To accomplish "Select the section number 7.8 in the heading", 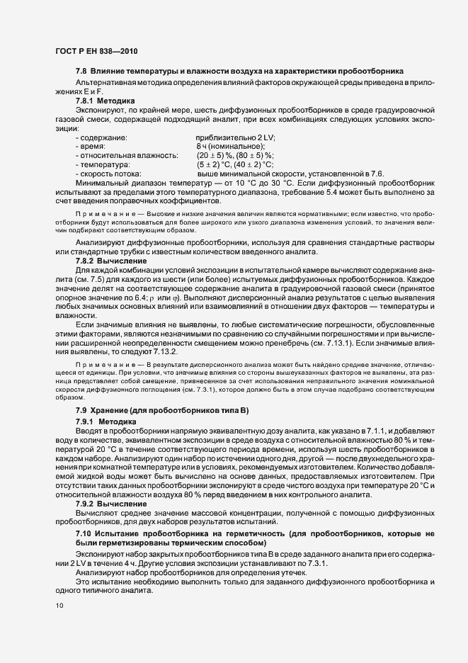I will pos(81,72).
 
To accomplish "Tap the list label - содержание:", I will pos(101,137).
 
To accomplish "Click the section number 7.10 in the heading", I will pos(84,531).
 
